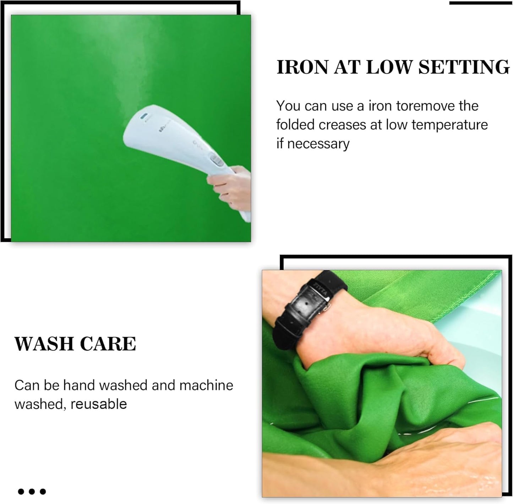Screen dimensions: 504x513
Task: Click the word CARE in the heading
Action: [108, 344]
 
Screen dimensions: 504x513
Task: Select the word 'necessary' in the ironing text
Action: [318, 144]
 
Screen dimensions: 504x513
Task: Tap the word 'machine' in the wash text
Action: [206, 385]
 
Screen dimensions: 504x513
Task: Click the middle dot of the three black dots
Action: [32, 492]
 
